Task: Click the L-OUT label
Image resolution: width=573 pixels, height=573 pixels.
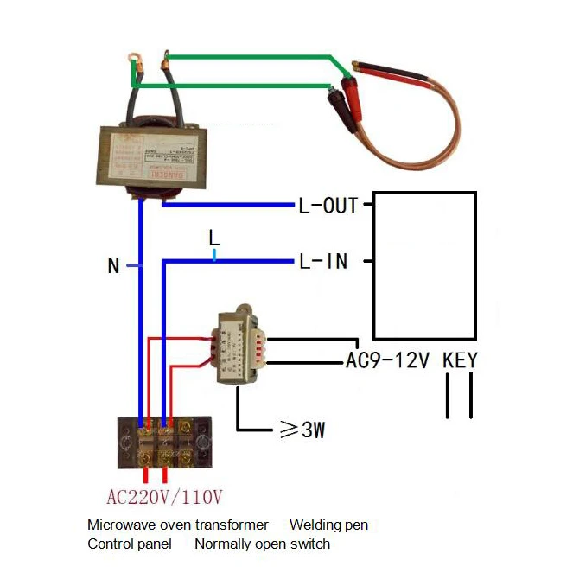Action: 328,207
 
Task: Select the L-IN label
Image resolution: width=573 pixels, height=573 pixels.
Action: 323,261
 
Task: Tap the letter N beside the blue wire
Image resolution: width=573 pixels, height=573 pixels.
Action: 113,266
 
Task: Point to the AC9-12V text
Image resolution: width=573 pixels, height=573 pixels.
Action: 387,360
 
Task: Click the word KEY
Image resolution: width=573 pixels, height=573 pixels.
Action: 459,360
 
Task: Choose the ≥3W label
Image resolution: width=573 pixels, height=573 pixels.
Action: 302,430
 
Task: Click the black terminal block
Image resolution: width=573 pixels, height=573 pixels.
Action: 165,442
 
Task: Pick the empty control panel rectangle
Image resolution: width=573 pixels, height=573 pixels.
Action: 423,265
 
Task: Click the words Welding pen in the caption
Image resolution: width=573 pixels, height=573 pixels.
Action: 328,525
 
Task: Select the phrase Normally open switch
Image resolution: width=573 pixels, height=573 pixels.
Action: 262,544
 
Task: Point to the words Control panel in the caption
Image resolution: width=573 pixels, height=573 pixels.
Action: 129,544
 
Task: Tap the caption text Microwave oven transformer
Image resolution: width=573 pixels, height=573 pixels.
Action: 177,525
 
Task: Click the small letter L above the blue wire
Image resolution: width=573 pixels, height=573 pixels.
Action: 214,236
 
